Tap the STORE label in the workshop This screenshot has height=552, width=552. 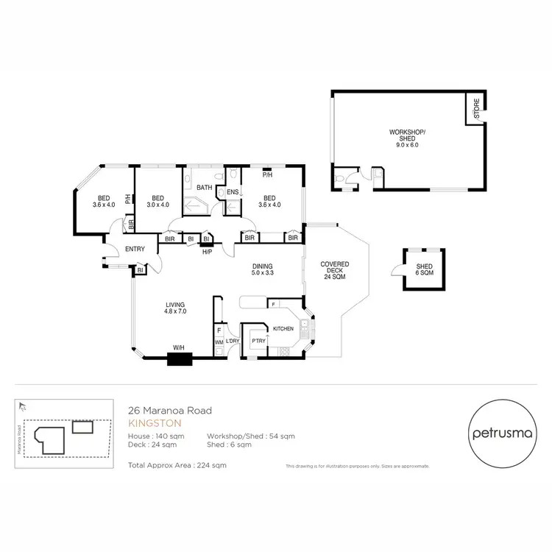476,109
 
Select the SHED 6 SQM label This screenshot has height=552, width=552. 424,270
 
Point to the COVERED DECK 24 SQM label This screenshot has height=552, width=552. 334,271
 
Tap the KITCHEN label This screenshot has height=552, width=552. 284,328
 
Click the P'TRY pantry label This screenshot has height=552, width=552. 258,341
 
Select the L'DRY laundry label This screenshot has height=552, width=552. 233,342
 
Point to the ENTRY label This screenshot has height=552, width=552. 135,250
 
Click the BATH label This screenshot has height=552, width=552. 204,188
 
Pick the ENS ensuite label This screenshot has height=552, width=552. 231,193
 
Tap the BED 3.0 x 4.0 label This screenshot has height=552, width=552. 158,202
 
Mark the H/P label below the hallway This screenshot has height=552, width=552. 208,252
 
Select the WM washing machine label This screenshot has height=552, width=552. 219,342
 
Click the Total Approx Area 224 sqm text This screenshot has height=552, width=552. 177,465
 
